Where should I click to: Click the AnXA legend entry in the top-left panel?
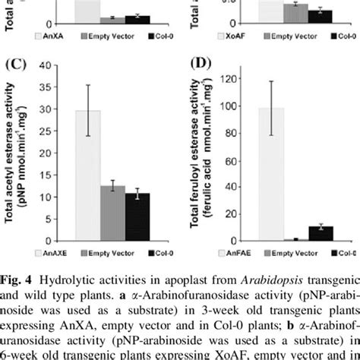[53, 36]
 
